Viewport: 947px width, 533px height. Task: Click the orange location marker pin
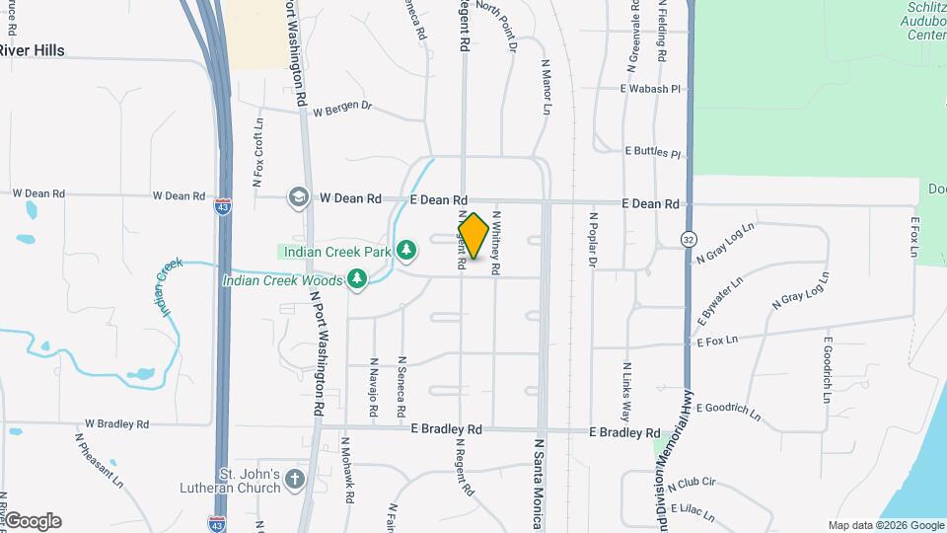pyautogui.click(x=473, y=236)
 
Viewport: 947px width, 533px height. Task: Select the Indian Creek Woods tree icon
pyautogui.click(x=356, y=280)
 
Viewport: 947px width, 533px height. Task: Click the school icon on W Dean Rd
pyautogui.click(x=297, y=197)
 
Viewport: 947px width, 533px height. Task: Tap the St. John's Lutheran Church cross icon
pyautogui.click(x=294, y=481)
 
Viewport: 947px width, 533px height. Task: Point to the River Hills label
pyautogui.click(x=32, y=50)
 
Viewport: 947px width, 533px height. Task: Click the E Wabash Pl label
pyautogui.click(x=650, y=89)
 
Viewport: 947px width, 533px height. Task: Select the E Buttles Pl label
pyautogui.click(x=653, y=153)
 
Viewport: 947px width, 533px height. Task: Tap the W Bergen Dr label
pyautogui.click(x=342, y=109)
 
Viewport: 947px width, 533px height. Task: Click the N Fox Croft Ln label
pyautogui.click(x=258, y=153)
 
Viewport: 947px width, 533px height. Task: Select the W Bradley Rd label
pyautogui.click(x=116, y=424)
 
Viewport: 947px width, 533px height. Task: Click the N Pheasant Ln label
pyautogui.click(x=99, y=460)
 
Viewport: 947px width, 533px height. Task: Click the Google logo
pyautogui.click(x=33, y=521)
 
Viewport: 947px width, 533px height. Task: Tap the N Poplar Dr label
pyautogui.click(x=593, y=239)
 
